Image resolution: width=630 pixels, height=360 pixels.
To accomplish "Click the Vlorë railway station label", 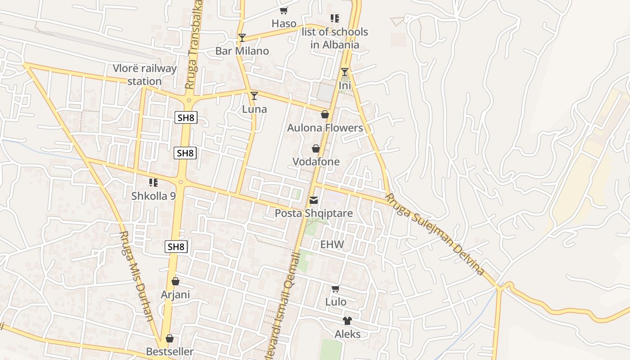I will pos(144,75).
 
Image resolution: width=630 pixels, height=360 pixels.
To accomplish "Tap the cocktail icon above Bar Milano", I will pos(242,37).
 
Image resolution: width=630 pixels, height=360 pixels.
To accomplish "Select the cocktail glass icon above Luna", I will pos(254,95).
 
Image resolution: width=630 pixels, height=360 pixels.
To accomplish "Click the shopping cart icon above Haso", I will pos(283,10).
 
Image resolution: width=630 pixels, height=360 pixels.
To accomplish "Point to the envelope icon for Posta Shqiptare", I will pos(314,200).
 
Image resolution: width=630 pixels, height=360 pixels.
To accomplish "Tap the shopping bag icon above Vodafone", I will pos(316,148).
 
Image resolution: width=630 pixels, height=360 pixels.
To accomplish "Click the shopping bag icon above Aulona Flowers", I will pos(324,114).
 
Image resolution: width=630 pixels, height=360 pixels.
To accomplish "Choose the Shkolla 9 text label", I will pos(153,196).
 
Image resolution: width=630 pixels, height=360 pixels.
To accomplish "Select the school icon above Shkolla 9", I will pos(153,182).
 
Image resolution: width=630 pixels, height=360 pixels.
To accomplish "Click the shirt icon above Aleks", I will pos(347,320).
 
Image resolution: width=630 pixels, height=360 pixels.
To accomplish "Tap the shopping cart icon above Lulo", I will pos(335,288).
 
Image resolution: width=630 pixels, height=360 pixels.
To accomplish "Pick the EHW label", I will pos(332,245).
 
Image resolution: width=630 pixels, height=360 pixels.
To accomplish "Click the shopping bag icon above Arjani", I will pos(175,281).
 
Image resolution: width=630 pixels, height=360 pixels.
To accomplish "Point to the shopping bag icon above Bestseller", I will pos(170,338).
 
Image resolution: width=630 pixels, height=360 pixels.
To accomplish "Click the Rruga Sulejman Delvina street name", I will pos(435,234).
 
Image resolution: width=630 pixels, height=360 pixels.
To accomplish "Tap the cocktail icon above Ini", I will pos(345,72).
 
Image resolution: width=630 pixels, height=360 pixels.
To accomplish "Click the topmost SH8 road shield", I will pos(186,118).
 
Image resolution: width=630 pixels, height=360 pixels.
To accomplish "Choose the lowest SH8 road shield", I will pos(176,247).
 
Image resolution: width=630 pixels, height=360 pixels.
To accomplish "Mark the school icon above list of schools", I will pos(335,18).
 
